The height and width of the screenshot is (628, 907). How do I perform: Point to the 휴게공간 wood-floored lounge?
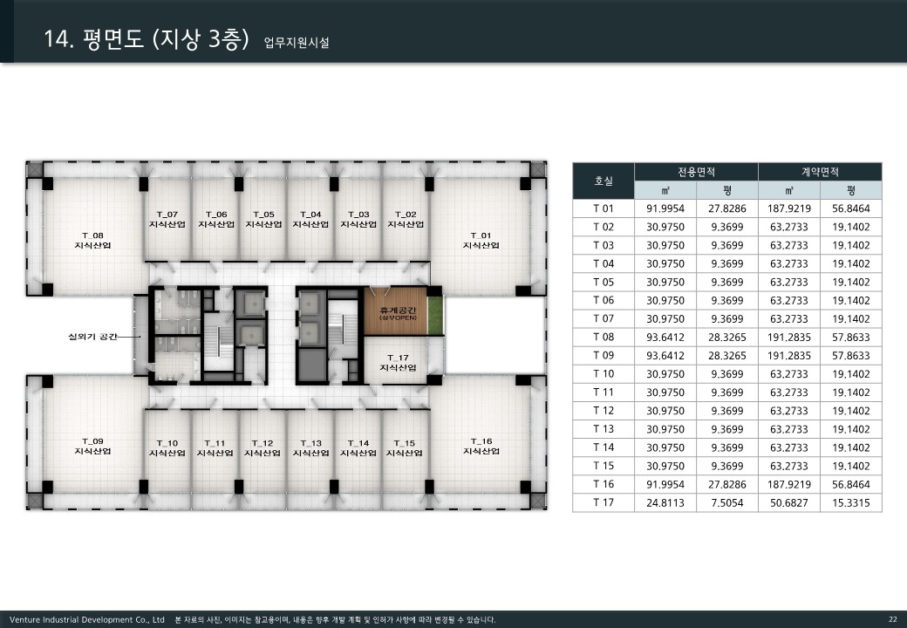[396, 311]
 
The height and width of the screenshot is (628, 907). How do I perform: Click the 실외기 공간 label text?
[92, 336]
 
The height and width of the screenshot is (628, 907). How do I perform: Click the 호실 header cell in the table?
[604, 181]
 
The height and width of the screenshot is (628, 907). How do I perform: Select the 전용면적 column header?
[697, 172]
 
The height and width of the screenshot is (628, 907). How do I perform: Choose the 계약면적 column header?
[821, 172]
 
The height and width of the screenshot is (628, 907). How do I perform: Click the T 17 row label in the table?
[604, 502]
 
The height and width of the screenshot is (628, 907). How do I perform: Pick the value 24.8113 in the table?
[665, 502]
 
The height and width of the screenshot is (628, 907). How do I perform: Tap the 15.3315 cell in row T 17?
[851, 502]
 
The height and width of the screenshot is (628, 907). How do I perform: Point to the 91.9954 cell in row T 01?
[665, 208]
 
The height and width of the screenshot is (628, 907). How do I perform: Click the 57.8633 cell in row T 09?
[851, 356]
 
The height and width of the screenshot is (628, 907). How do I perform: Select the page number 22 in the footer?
[892, 619]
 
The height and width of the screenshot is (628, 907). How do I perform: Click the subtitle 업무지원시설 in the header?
[297, 42]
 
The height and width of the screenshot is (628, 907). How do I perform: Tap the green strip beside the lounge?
[435, 315]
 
